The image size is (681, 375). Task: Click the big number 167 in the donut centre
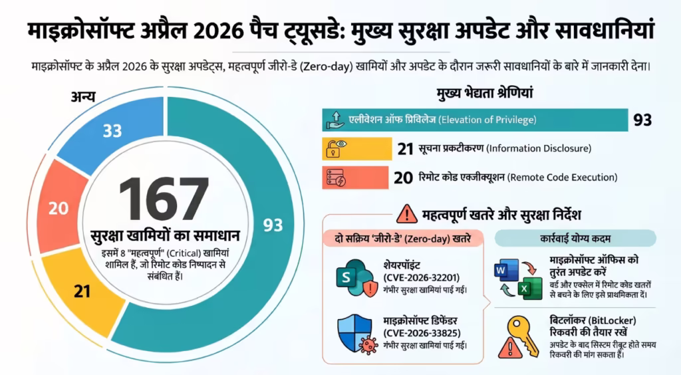[164, 199]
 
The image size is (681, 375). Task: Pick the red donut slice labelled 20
[59, 209]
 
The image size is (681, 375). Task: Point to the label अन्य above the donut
[83, 97]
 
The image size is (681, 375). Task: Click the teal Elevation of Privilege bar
[475, 120]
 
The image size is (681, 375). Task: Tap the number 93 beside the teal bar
[642, 120]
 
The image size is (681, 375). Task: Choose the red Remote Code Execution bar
[355, 178]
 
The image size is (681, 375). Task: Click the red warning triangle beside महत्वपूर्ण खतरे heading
[406, 214]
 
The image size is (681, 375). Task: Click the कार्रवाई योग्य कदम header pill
[576, 238]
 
